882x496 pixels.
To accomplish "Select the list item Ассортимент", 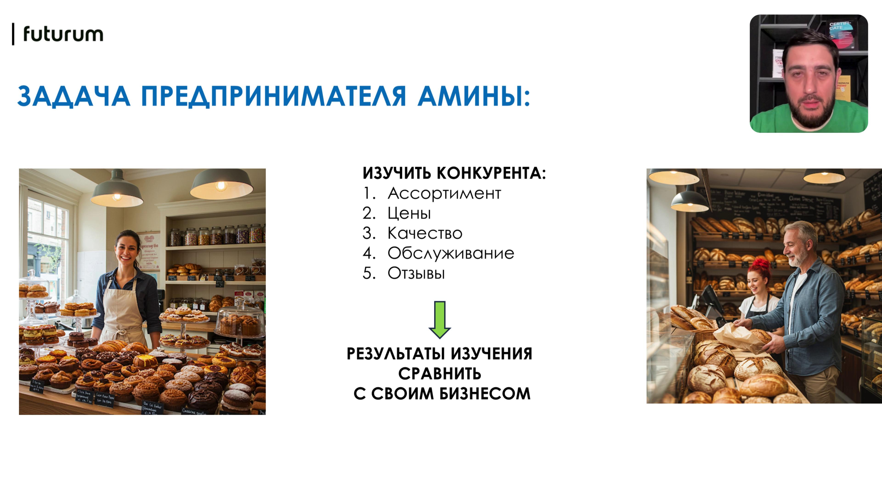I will pos(444,193).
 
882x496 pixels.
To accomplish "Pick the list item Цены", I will pos(409,213).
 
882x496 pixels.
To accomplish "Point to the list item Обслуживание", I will pos(451,253).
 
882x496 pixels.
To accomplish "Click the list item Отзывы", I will pos(416,273).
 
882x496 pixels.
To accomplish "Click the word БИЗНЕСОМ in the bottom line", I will pos(485,394).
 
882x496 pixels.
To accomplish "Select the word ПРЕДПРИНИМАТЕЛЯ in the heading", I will pos(273,96).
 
